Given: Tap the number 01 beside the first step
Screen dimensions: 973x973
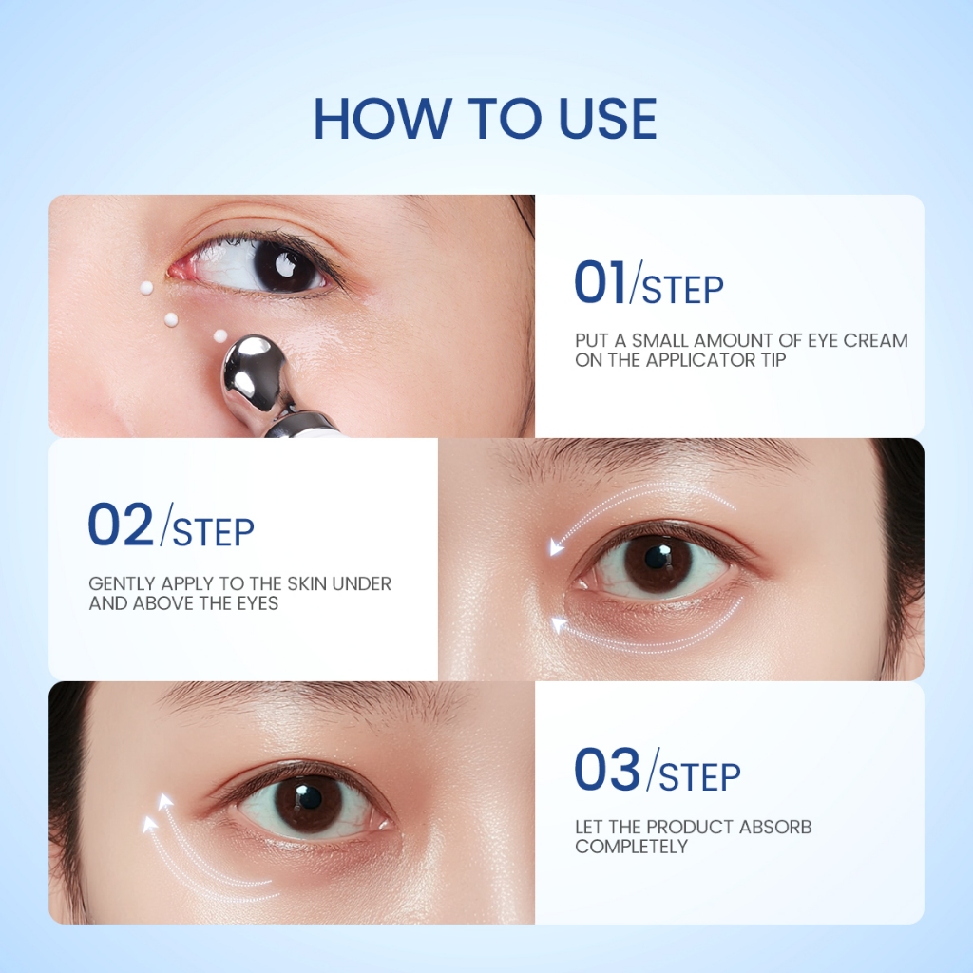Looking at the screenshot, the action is click(600, 282).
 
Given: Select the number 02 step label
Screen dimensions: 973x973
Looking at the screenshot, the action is click(121, 525).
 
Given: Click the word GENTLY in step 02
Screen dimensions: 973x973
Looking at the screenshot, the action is click(122, 584).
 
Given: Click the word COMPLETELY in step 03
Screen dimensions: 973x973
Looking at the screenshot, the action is click(631, 847).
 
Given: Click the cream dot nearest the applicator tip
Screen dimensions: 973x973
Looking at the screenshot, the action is click(220, 336).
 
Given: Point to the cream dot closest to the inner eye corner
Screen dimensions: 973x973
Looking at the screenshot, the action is click(146, 288).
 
